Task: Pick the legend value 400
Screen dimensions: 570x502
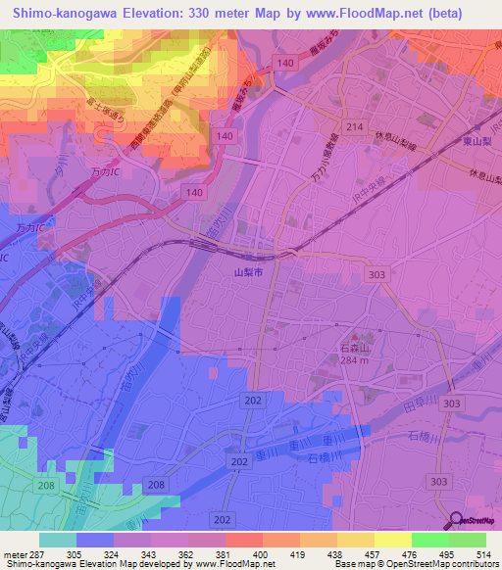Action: pyautogui.click(x=261, y=553)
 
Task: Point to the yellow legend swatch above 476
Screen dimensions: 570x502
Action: pyautogui.click(x=391, y=540)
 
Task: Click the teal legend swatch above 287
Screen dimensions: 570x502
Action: pyautogui.click(x=58, y=540)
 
